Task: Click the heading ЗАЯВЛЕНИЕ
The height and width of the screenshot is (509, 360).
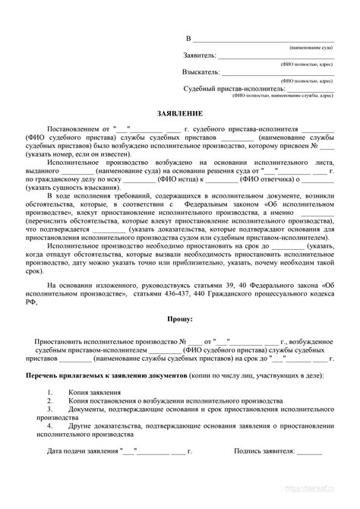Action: pyautogui.click(x=179, y=112)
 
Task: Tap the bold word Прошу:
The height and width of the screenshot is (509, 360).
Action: pyautogui.click(x=180, y=321)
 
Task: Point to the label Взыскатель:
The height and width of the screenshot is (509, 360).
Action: pyautogui.click(x=202, y=72)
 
